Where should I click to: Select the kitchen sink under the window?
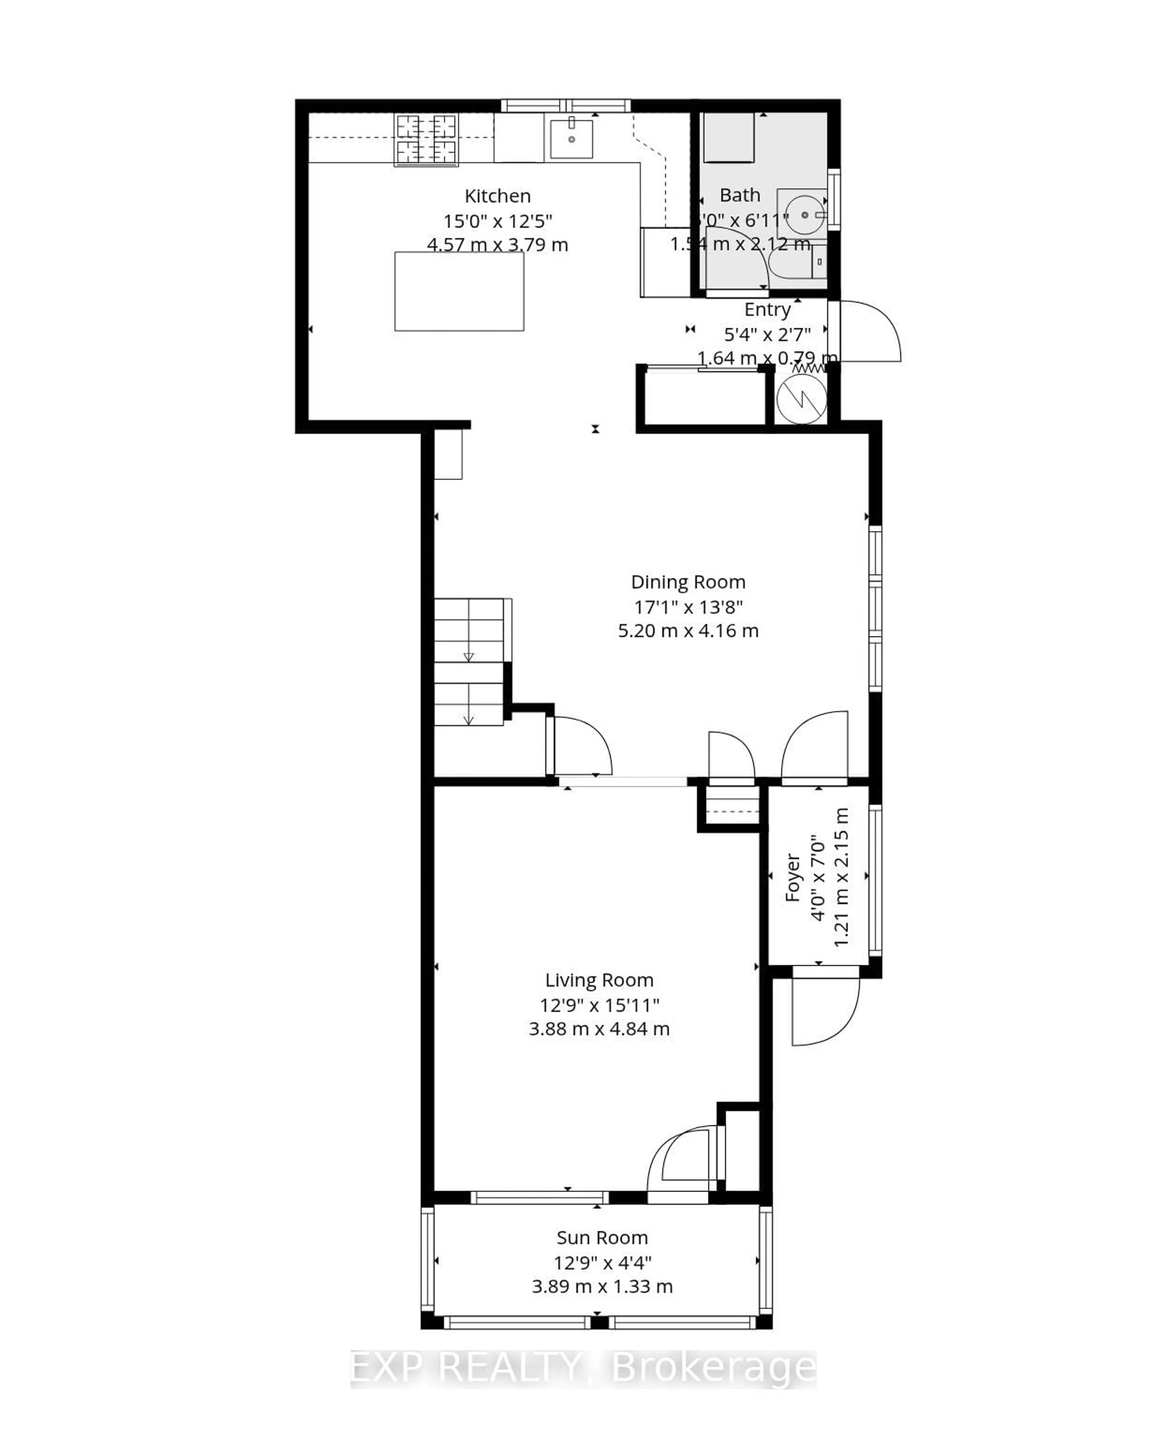pyautogui.click(x=571, y=139)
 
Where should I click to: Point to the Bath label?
pyautogui.click(x=739, y=196)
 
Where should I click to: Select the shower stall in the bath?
pyautogui.click(x=728, y=138)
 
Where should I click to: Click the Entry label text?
pyautogui.click(x=767, y=309)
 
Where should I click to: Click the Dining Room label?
pyautogui.click(x=688, y=582)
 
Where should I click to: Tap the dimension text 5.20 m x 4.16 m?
pyautogui.click(x=688, y=631)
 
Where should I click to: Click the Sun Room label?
pyautogui.click(x=602, y=1238)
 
